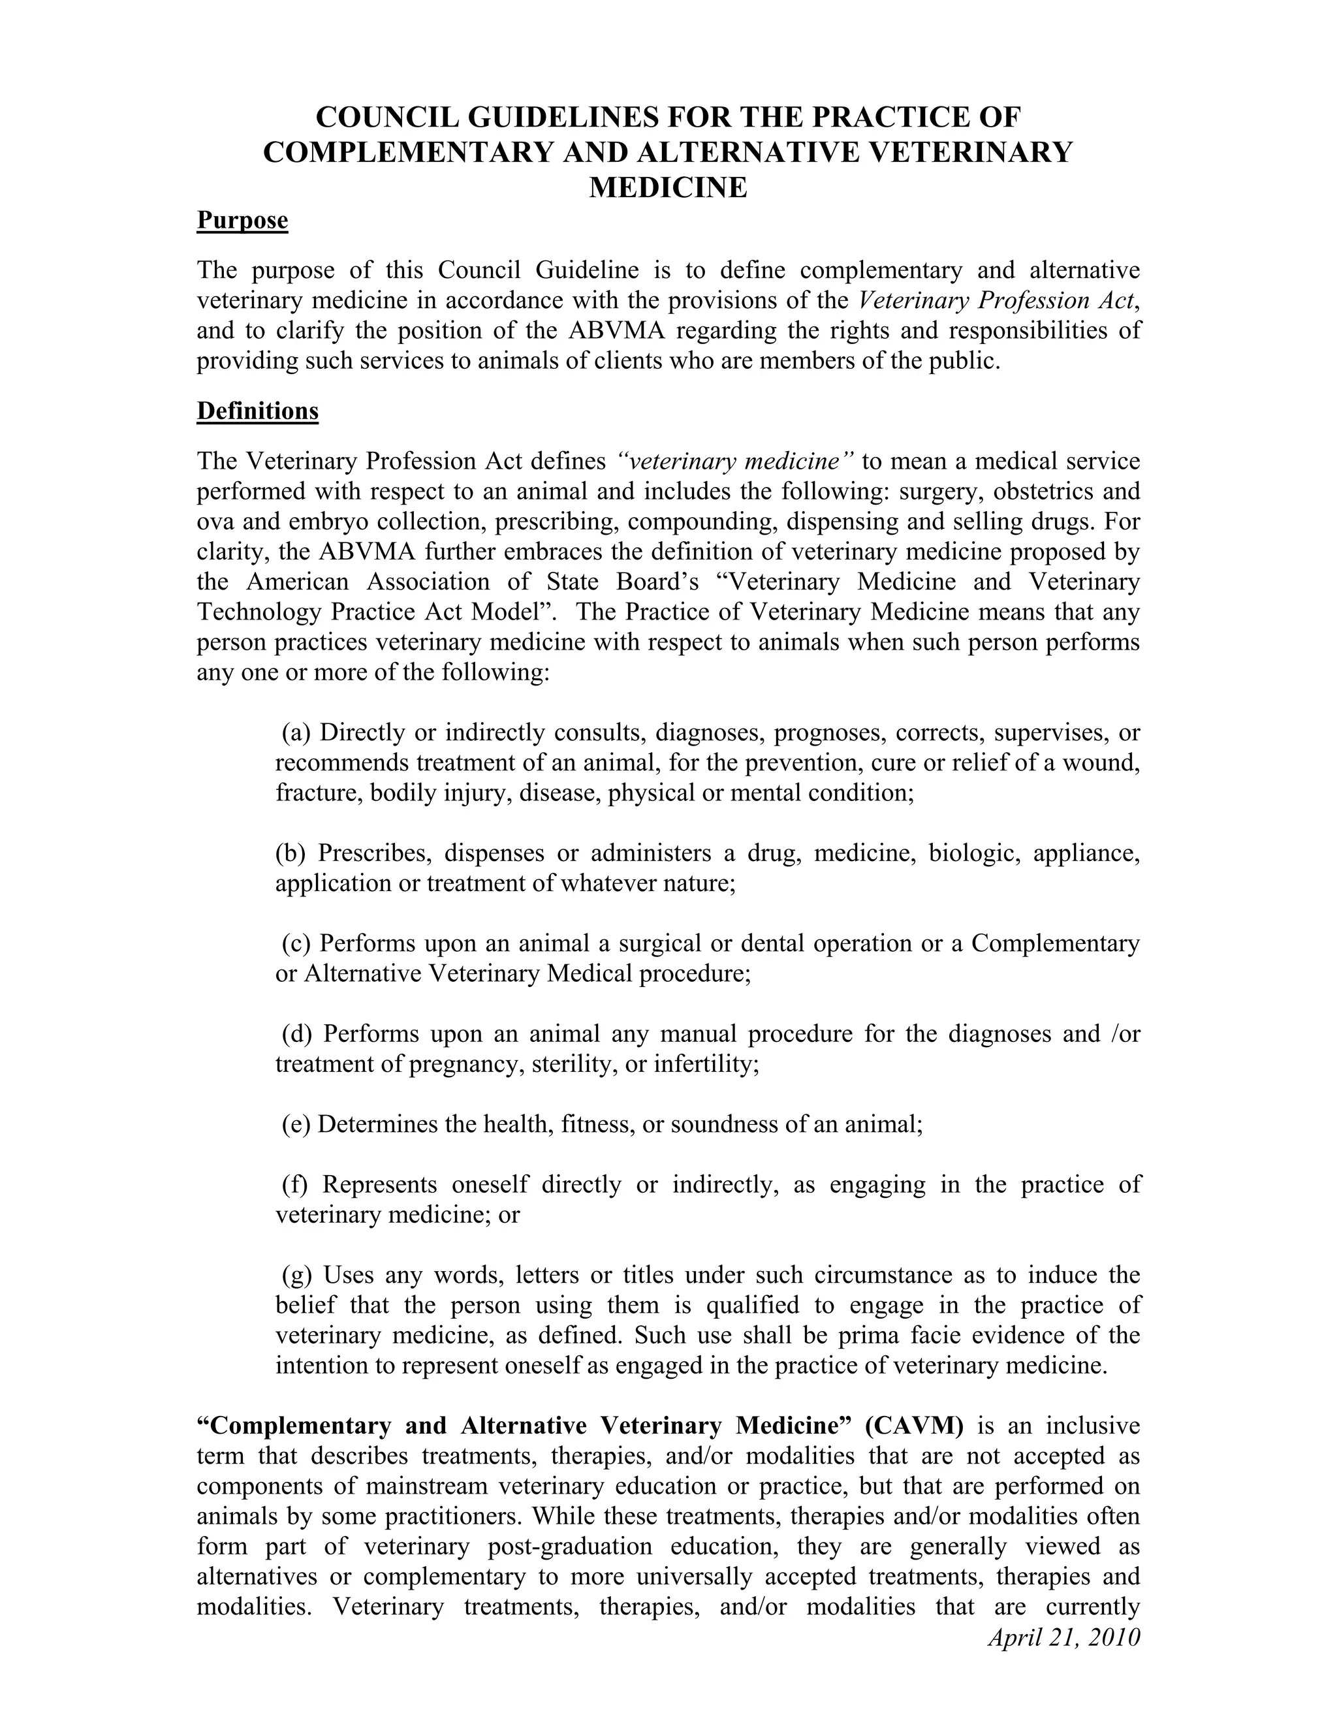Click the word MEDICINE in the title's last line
click(x=668, y=188)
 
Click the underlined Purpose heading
click(x=242, y=219)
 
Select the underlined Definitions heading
click(x=257, y=411)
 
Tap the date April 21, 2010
click(x=1063, y=1637)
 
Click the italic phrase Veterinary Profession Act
click(x=999, y=300)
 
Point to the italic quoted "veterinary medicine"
click(x=734, y=460)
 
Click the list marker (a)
click(x=297, y=732)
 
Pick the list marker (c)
click(x=297, y=943)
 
